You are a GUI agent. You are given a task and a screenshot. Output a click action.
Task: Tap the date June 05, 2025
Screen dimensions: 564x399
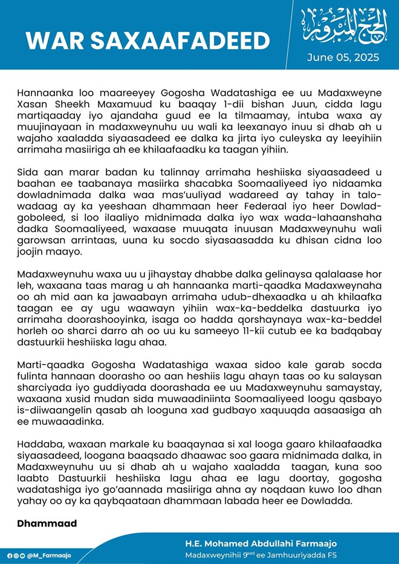pos(343,57)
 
